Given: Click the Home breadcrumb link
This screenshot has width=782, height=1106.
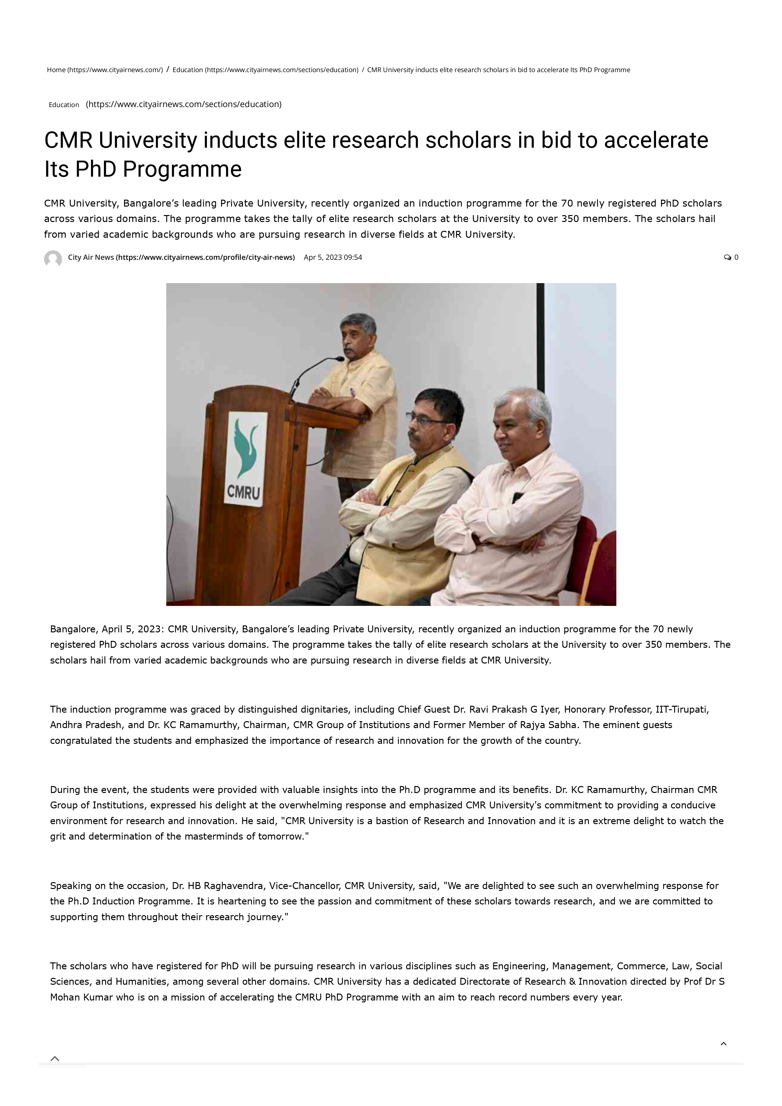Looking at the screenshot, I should point(105,70).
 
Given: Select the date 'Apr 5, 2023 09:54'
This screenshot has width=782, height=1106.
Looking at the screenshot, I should point(333,257).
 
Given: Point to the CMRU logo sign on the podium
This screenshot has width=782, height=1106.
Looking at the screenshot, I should point(245,459).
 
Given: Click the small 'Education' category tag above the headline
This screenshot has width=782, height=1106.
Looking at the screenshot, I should point(64,105).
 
